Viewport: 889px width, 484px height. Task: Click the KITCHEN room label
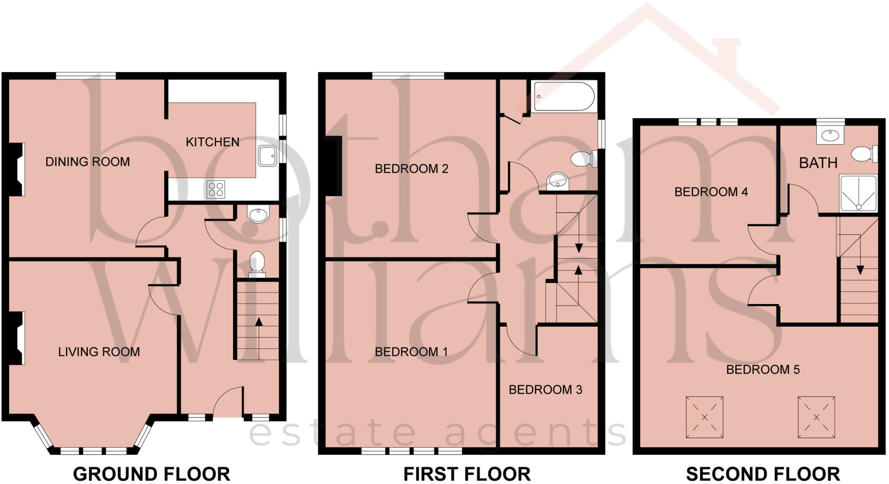(212, 142)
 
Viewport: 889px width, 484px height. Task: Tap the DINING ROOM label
(88, 162)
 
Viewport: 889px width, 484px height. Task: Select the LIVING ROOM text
(99, 352)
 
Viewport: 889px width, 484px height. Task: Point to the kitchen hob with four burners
(216, 189)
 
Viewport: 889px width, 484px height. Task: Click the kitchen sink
(267, 156)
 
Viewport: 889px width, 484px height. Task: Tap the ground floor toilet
(257, 264)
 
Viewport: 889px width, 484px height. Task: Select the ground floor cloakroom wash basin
(258, 213)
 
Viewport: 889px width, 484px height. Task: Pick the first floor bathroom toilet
(583, 159)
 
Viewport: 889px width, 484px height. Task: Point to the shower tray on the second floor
(858, 193)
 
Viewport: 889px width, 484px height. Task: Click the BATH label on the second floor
(818, 163)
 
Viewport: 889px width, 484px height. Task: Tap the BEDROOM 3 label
(545, 390)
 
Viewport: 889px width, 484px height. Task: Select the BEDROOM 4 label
(711, 192)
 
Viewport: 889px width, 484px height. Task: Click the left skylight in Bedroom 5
(704, 417)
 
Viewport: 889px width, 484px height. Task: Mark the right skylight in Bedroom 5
(816, 417)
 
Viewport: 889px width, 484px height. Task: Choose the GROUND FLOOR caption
(151, 474)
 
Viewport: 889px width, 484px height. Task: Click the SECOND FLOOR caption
(763, 474)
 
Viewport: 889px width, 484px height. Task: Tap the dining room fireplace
(17, 169)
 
